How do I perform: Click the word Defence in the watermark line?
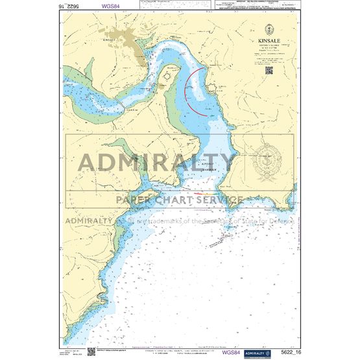(x=281, y=221)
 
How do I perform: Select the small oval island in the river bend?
(x=170, y=76)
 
